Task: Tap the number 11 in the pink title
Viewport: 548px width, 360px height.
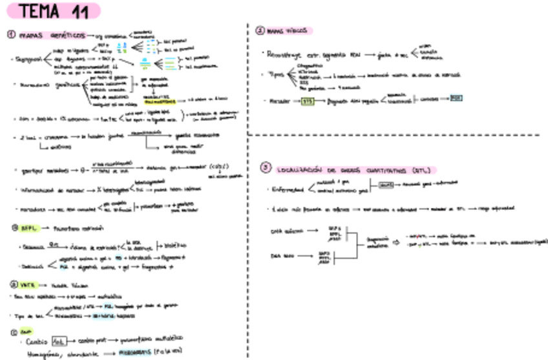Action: point(81,11)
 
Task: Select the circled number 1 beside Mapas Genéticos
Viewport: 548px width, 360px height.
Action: point(12,36)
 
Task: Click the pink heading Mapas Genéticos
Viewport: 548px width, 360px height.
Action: point(51,36)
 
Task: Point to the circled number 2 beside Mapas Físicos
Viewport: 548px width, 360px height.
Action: point(260,30)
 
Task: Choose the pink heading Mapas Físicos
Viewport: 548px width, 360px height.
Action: point(290,30)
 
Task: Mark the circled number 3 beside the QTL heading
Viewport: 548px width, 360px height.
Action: point(265,168)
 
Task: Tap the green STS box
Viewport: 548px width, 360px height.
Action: point(308,100)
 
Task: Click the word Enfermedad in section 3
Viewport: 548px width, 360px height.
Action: point(287,189)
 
